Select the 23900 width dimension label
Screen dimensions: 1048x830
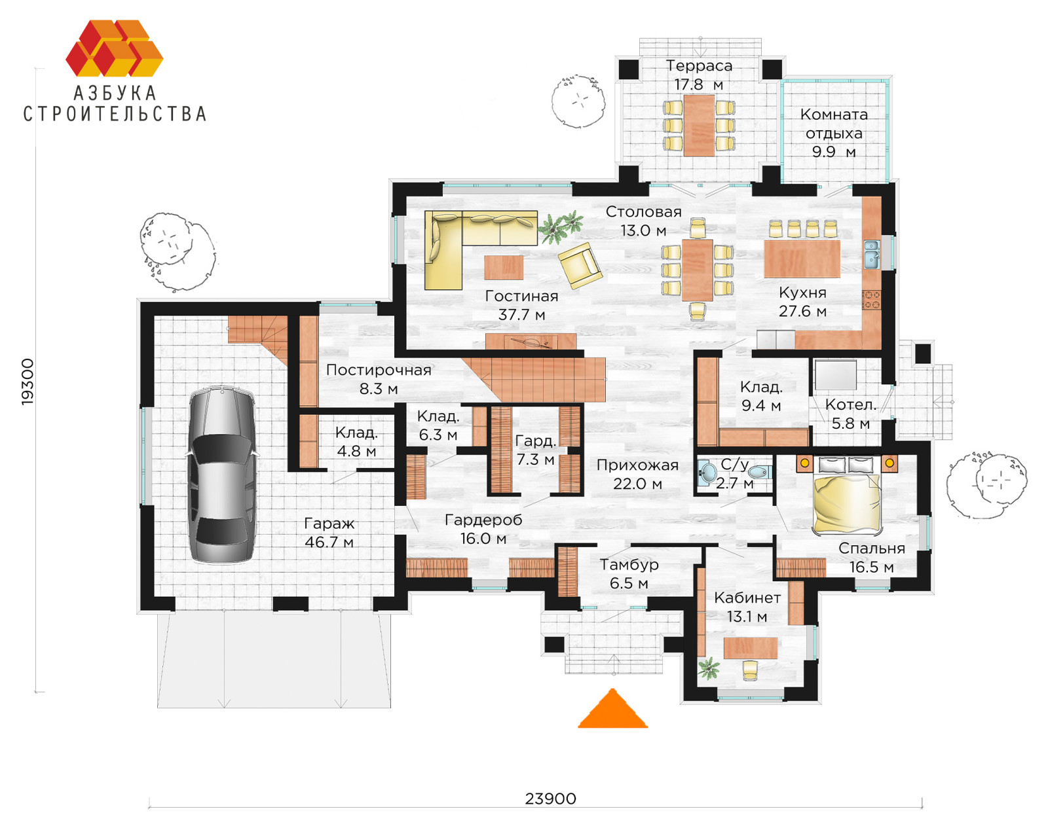(x=550, y=799)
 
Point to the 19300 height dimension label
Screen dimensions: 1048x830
(x=28, y=382)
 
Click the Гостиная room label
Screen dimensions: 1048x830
(x=521, y=296)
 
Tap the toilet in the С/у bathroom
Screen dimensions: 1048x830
(x=760, y=472)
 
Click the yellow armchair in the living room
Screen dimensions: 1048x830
(x=580, y=266)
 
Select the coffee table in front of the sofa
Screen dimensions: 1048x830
(x=504, y=267)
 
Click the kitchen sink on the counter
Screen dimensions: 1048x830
(x=872, y=255)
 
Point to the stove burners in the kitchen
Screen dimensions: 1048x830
(x=872, y=299)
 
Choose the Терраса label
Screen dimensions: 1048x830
(x=699, y=65)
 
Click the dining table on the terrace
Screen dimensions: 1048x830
(x=699, y=126)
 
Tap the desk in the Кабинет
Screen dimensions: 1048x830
(x=750, y=648)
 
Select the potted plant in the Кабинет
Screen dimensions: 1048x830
(x=709, y=668)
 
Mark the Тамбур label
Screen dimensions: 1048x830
(x=629, y=565)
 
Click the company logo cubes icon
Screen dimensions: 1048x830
(x=115, y=48)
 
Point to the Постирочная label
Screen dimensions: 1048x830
(x=379, y=370)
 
